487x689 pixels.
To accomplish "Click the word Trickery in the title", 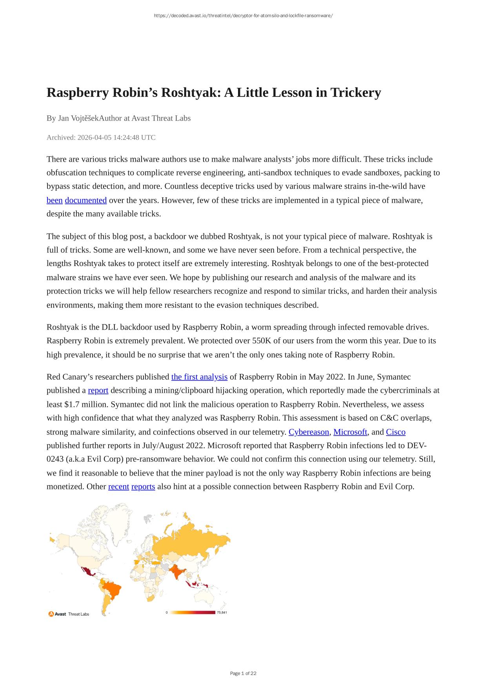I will click(x=356, y=93).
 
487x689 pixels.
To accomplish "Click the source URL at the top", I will click(x=243, y=16).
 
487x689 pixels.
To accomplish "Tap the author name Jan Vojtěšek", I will click(x=78, y=118).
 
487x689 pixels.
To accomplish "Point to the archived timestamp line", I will click(x=101, y=137).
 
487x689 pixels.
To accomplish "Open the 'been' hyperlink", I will click(x=55, y=200).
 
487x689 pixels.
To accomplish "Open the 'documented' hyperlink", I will click(x=85, y=200).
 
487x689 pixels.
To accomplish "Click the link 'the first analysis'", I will click(x=199, y=377).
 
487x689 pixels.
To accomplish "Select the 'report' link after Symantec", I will click(x=98, y=390).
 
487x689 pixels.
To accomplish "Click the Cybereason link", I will click(x=309, y=432).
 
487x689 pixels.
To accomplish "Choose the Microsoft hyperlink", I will click(x=350, y=432).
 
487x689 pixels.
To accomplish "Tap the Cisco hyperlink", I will click(x=396, y=432).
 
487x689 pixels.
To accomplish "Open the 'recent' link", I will click(x=118, y=487).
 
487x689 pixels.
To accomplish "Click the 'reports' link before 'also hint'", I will click(x=143, y=487).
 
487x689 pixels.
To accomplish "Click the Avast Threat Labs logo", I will click(x=69, y=614).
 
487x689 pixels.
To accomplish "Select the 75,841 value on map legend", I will click(x=222, y=612).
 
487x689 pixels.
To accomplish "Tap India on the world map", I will click(x=178, y=572).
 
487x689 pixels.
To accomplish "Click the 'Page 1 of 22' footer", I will click(x=243, y=673).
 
